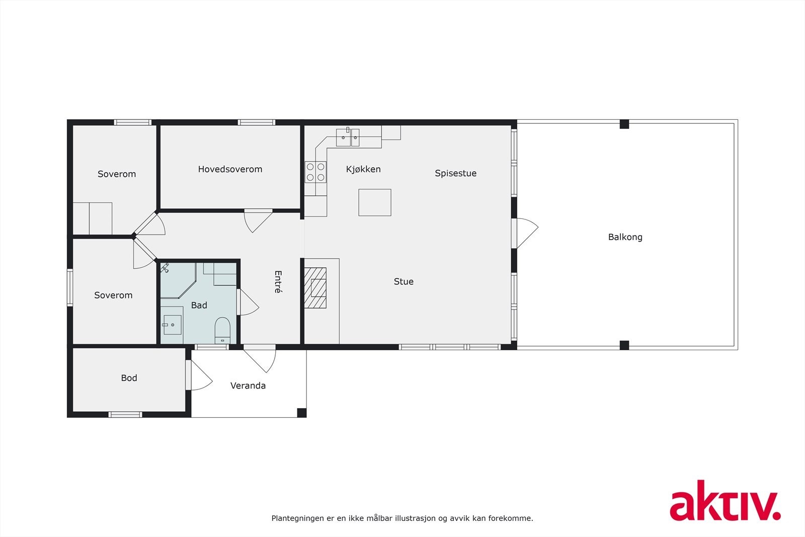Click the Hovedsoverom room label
[230, 169]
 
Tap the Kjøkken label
[363, 169]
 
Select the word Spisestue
[455, 173]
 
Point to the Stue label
[404, 282]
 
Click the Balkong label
[625, 237]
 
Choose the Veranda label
[248, 386]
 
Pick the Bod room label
[129, 378]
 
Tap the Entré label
[278, 282]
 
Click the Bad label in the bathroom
[199, 305]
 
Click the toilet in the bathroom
[222, 329]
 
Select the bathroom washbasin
[172, 325]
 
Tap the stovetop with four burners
[315, 172]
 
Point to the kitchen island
[375, 202]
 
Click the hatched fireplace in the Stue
[315, 288]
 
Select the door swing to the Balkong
[526, 233]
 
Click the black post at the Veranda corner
[301, 413]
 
